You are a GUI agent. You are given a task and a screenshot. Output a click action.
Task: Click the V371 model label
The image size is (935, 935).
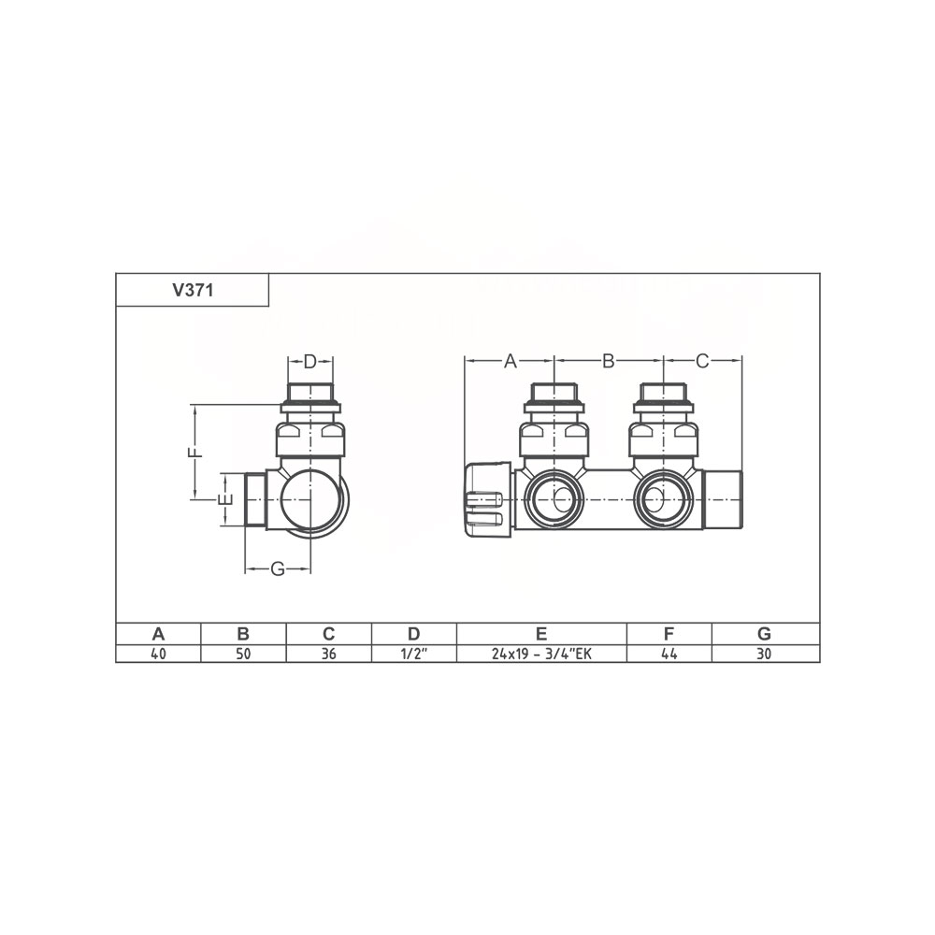(x=193, y=291)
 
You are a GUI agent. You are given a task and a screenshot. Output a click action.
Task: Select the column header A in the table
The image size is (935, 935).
(x=158, y=633)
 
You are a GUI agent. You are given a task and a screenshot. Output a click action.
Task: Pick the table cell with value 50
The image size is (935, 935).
(x=243, y=654)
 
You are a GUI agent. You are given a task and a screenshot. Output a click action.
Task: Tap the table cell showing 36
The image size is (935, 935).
(x=328, y=654)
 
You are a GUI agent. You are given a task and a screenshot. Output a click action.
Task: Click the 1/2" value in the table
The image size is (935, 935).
(x=414, y=654)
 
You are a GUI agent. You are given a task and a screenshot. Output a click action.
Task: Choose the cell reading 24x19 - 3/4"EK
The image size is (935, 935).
(x=541, y=654)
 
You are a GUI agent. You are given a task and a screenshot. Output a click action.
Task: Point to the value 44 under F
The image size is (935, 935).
(x=669, y=654)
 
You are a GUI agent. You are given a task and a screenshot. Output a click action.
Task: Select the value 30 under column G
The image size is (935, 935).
(x=764, y=654)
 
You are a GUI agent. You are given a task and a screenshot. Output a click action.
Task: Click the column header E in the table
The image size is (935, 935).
(x=541, y=633)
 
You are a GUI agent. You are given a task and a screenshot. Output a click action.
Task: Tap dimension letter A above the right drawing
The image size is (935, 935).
(x=510, y=361)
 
